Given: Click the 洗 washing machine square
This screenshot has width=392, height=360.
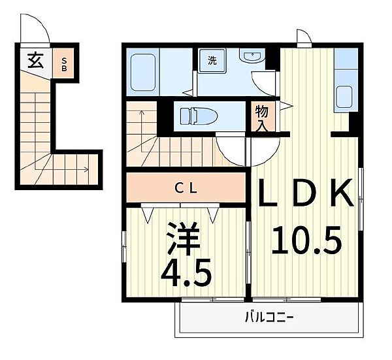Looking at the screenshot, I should click(x=213, y=61).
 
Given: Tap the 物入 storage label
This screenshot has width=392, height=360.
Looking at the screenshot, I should click(x=261, y=118).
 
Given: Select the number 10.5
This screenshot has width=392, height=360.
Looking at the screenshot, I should click(x=306, y=241).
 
